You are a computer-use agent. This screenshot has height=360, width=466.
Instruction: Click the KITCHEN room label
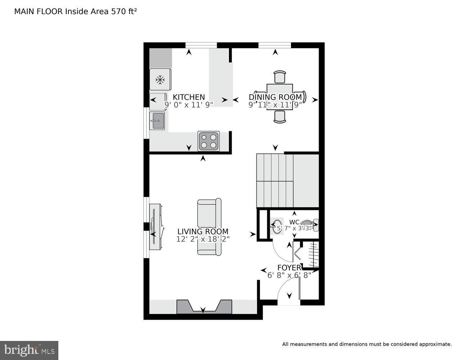coord(189,97)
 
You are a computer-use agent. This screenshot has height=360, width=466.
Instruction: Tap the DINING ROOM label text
coord(275,97)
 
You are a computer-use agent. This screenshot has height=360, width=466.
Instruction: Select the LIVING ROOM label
coord(203,231)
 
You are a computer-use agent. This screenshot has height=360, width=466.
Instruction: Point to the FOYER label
coord(289,268)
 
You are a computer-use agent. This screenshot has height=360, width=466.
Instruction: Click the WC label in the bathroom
coord(294,222)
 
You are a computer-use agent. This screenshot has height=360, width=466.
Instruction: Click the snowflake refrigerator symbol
coord(160,80)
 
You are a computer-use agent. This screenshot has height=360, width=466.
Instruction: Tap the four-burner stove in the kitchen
coord(209,141)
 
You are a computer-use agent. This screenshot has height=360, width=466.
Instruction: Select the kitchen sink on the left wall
coord(157,121)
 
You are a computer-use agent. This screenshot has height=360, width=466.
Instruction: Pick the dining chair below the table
coord(280,116)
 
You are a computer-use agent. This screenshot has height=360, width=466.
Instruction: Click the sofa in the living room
coord(209,227)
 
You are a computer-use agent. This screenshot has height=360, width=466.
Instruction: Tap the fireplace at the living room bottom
coord(204,307)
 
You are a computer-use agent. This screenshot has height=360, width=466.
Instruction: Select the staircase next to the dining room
coord(287,181)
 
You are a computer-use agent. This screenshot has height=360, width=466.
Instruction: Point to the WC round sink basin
coord(277,227)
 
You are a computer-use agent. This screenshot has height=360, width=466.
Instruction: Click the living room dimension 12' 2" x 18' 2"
coord(203,239)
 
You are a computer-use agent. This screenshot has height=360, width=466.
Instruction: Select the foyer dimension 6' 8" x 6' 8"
coord(289,275)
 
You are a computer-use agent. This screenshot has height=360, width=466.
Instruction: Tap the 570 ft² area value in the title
coord(124,12)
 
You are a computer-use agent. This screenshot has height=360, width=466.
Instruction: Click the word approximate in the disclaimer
coord(435,344)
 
